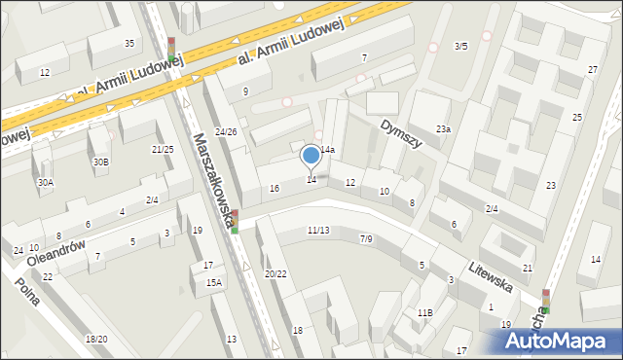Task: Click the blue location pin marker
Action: pyautogui.click(x=311, y=156)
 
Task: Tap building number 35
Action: pyautogui.click(x=129, y=44)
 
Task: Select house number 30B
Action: pyautogui.click(x=100, y=162)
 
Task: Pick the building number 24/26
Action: pyautogui.click(x=226, y=131)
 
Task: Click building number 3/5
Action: pyautogui.click(x=461, y=46)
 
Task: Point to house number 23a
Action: pyautogui.click(x=443, y=129)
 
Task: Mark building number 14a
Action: pyautogui.click(x=328, y=150)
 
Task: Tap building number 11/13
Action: pyautogui.click(x=317, y=231)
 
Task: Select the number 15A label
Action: pyautogui.click(x=213, y=282)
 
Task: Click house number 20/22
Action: pyautogui.click(x=275, y=273)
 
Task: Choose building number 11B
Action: pyautogui.click(x=424, y=312)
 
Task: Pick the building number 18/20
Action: pyautogui.click(x=96, y=339)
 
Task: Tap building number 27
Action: pyautogui.click(x=593, y=70)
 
